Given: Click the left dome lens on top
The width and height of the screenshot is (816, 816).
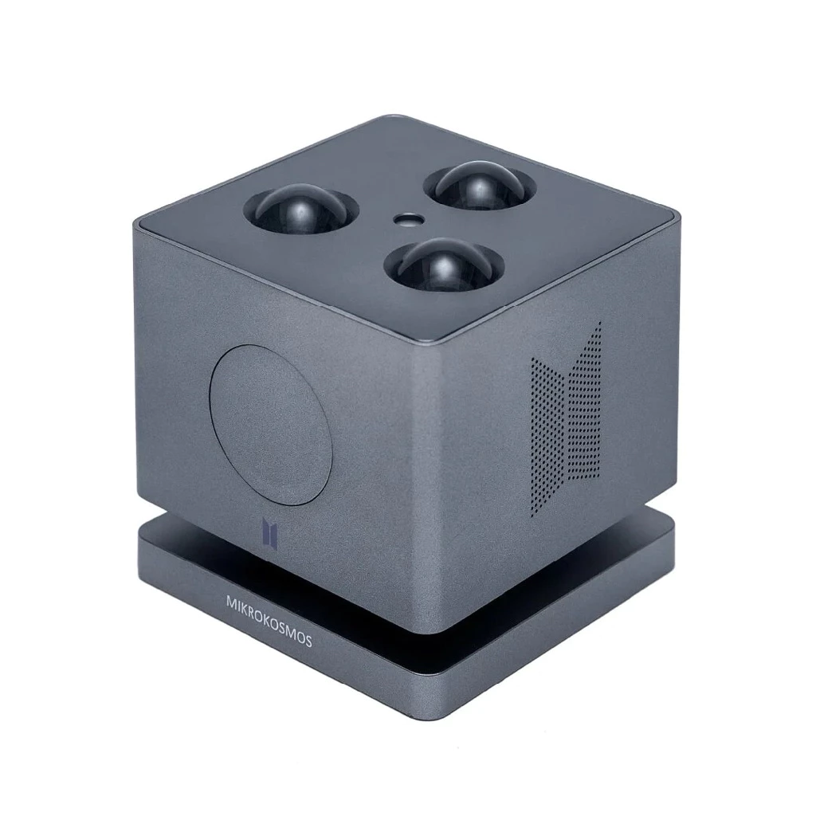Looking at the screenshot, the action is click(x=300, y=210).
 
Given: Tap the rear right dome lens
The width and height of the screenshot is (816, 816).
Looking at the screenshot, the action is click(x=479, y=186).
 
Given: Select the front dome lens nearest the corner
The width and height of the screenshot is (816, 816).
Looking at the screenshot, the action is click(x=444, y=264).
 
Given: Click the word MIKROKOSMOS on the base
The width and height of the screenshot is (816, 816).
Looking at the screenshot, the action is click(x=269, y=621).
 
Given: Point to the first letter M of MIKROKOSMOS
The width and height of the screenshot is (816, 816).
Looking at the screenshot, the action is click(x=230, y=602).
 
